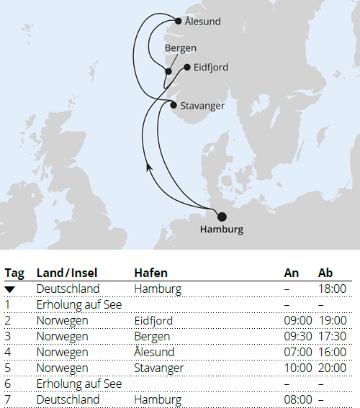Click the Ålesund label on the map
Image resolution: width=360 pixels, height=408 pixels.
click(x=202, y=22)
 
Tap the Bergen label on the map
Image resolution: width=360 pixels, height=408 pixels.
click(x=180, y=48)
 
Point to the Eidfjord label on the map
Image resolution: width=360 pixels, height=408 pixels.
click(x=211, y=67)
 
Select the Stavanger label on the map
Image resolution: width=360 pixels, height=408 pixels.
click(x=202, y=106)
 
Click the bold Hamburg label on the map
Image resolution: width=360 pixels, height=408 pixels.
click(x=222, y=230)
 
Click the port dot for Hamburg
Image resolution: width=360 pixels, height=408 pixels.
click(x=222, y=217)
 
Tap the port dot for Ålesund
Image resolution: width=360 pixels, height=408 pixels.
click(x=179, y=21)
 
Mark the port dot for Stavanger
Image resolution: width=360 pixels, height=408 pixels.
click(x=174, y=105)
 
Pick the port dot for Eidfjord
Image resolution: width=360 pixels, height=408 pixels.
click(x=187, y=68)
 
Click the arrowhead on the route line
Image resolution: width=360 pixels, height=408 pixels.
click(x=149, y=167)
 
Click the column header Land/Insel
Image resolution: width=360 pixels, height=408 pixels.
click(x=67, y=273)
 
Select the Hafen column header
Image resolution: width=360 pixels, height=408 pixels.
click(x=150, y=273)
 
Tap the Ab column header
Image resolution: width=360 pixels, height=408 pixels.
click(x=326, y=273)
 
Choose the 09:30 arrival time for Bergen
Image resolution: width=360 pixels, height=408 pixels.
click(x=298, y=336)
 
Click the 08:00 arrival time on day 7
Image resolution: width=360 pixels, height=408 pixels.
click(x=298, y=399)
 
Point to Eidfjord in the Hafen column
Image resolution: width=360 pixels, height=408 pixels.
click(x=153, y=320)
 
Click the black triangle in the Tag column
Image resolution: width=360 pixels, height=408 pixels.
click(x=9, y=289)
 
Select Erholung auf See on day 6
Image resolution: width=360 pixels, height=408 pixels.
click(x=79, y=384)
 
